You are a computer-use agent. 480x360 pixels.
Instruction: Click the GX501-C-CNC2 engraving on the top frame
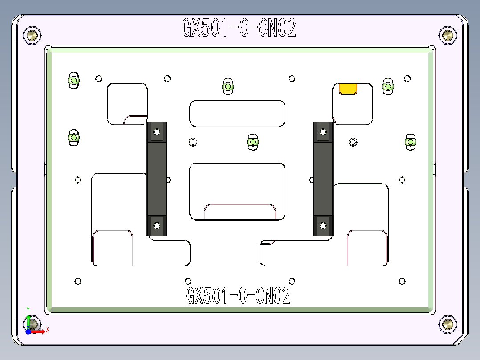(x=239, y=28)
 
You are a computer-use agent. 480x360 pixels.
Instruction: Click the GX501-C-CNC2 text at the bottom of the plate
(x=238, y=295)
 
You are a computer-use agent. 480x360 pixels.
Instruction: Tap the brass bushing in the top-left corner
(x=33, y=35)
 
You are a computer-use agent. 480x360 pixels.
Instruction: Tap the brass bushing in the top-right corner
(x=447, y=35)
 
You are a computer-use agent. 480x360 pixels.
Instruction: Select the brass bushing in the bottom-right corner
(x=447, y=324)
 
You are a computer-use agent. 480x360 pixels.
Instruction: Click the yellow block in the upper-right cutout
(x=348, y=88)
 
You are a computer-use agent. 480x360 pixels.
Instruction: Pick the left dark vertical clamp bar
(x=157, y=179)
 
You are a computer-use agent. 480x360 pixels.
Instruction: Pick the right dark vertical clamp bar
(x=323, y=179)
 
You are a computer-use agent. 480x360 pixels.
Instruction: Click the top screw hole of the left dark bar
(x=157, y=132)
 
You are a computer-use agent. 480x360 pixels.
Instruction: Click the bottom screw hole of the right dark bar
(x=323, y=225)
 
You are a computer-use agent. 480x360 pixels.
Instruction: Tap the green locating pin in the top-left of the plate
(x=73, y=81)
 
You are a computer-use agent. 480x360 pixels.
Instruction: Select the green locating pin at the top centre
(x=228, y=86)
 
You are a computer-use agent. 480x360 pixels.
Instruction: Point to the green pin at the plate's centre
(x=253, y=142)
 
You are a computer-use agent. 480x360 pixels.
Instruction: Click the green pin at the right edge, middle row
(x=410, y=142)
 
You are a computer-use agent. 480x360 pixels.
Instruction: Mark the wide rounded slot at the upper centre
(x=237, y=114)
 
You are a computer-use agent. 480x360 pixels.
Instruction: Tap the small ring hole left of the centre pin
(x=193, y=142)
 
